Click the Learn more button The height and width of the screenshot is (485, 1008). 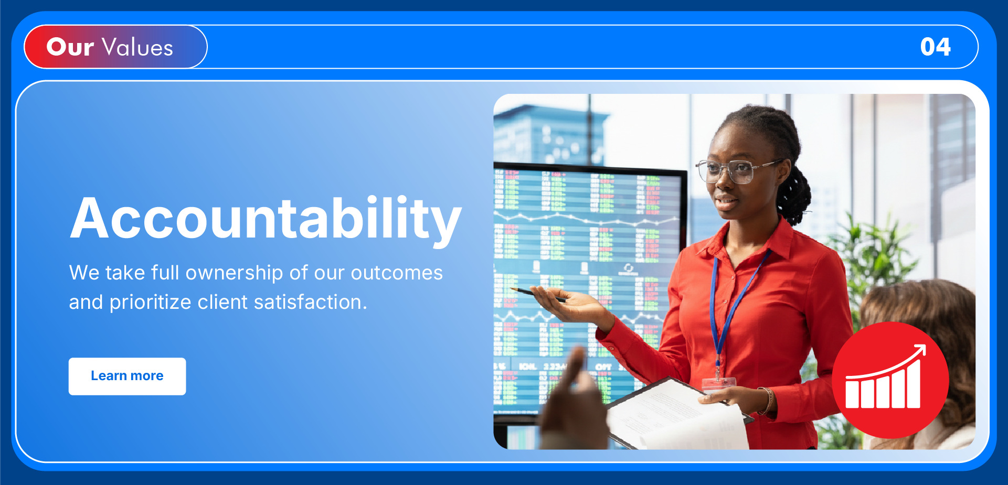tap(127, 376)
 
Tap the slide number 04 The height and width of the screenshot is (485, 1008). tap(935, 47)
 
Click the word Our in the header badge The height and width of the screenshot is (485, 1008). tap(70, 47)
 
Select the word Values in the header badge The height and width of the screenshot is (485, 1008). tap(138, 47)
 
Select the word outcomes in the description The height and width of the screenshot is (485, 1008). tap(397, 273)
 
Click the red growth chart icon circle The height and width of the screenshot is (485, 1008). tap(890, 380)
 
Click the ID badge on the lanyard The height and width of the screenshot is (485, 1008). tap(718, 384)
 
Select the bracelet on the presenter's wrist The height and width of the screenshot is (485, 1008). tap(767, 400)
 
